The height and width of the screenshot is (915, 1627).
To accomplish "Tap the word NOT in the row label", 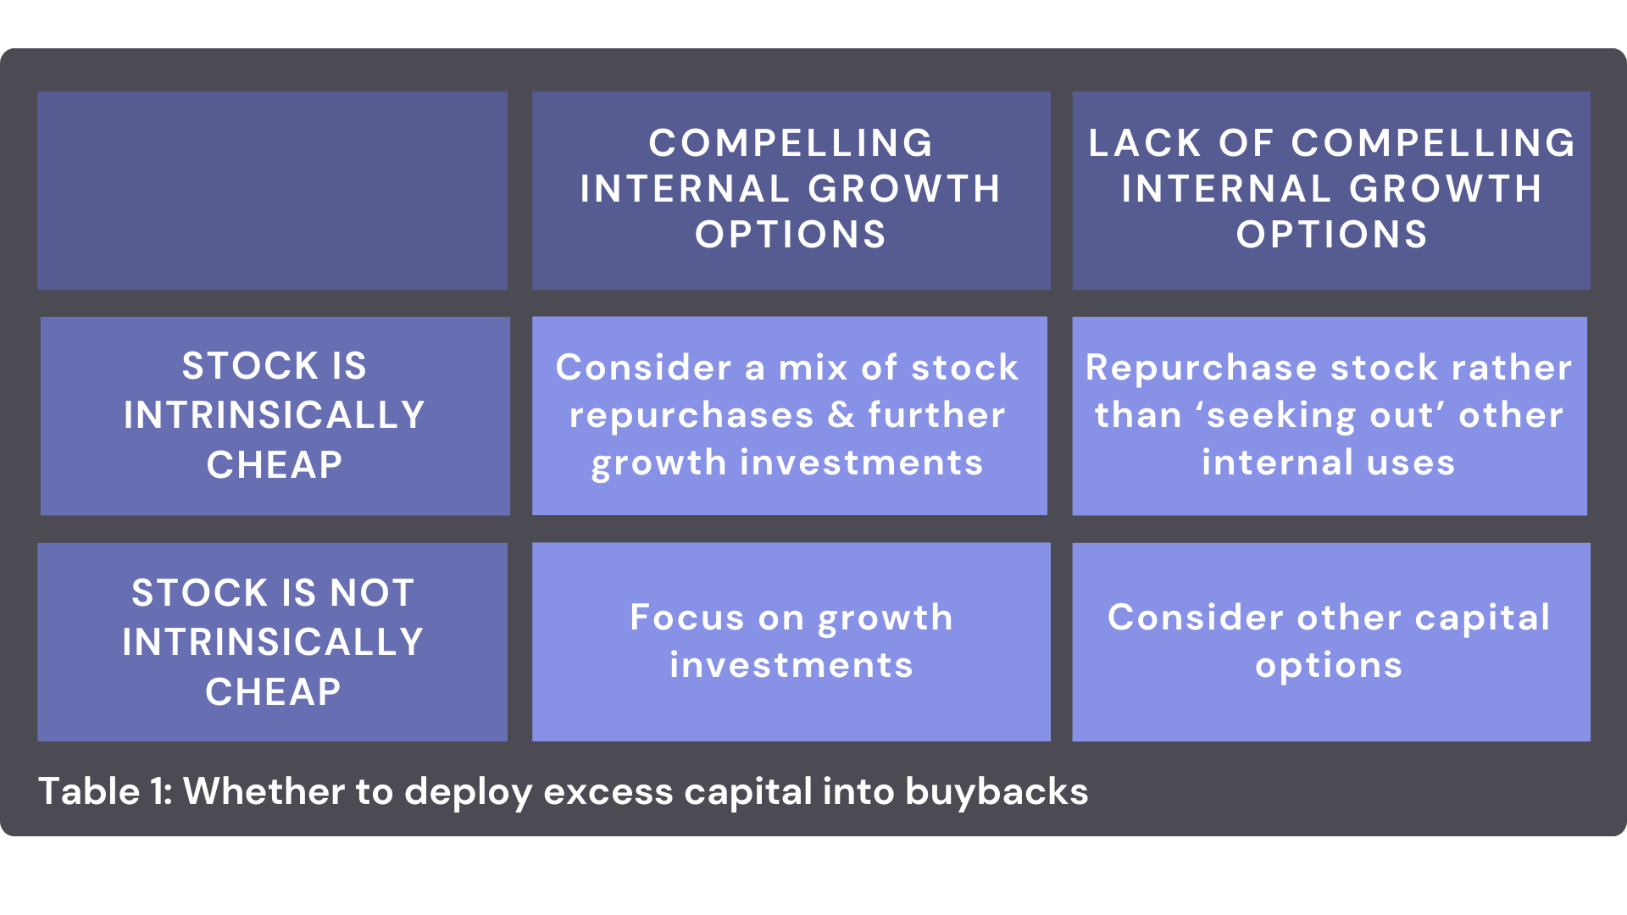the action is pos(372,592).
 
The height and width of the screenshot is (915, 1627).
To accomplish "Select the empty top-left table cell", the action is pos(272,191).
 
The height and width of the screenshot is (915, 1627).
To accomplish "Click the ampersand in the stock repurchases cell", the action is pos(841,415).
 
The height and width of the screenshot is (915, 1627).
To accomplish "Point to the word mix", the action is pos(813,368).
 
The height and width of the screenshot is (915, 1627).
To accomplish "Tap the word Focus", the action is pos(687,618).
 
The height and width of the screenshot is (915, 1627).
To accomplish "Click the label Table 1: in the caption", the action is pos(105,791).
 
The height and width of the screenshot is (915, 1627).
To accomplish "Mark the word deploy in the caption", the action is pos(467,791).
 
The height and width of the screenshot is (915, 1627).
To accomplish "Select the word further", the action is pos(936,415).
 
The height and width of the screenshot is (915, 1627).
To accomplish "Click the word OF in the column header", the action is pos(1247,143).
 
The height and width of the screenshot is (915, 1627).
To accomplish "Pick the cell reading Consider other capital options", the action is pos(1330,641).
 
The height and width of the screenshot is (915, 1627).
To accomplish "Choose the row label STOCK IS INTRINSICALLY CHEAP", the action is pos(275,415).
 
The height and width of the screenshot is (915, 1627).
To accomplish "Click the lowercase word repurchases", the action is pos(691,415).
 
